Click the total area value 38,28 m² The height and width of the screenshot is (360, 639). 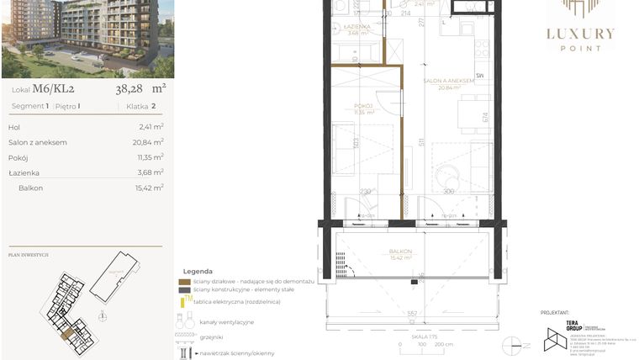140,87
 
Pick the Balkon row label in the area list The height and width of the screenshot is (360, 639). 31,188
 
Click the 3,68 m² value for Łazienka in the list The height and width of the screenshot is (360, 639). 151,172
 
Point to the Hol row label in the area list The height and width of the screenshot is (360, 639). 14,127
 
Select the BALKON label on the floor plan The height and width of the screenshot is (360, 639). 400,251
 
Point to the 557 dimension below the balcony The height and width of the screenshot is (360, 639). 412,314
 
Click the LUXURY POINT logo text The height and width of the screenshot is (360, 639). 580,34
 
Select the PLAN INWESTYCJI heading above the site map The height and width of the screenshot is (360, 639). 29,254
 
